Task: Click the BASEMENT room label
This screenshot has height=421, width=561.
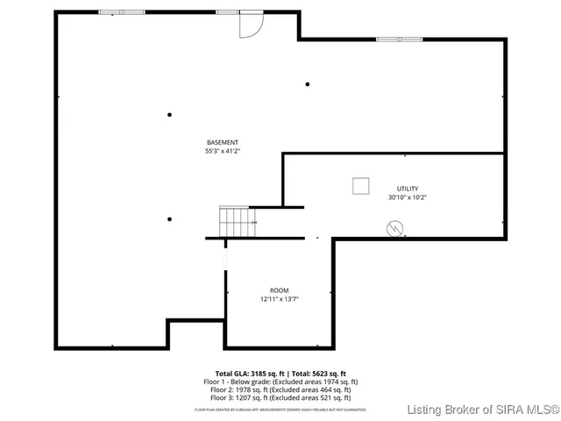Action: [222, 142]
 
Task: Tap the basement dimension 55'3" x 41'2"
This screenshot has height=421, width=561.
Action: [222, 151]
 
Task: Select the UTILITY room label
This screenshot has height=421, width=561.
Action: [408, 189]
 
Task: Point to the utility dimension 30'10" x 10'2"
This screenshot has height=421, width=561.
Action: [408, 197]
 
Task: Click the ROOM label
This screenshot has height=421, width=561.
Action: [279, 290]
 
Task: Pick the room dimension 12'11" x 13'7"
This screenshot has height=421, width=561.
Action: [279, 299]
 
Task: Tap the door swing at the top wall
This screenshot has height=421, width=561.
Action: [251, 25]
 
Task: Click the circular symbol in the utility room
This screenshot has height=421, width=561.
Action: [395, 227]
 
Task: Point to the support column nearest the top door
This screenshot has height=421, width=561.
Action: [308, 84]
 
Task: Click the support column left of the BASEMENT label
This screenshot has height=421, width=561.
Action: [170, 114]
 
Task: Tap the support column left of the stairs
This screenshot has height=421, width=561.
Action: [170, 219]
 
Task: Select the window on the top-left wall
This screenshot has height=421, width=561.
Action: [122, 12]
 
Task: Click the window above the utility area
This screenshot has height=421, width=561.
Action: [399, 39]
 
